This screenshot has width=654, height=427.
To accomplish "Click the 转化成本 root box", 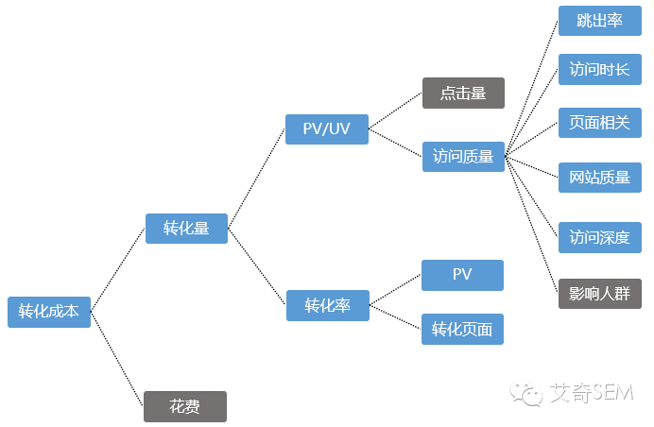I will coord(49,312).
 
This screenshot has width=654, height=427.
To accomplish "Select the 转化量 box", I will coord(186,229).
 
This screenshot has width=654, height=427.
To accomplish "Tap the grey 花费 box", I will coord(185,406).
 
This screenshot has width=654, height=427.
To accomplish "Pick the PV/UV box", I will coord(327,129).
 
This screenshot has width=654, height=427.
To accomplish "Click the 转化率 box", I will coord(327,306).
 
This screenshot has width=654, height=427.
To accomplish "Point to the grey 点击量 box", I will coord(463,93).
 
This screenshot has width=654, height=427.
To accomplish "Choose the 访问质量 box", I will coord(463,157).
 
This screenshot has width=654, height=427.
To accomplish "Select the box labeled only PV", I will coord(462,275).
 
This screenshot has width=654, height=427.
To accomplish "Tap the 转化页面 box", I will coord(462,329).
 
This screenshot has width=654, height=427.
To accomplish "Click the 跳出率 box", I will coord(600,21).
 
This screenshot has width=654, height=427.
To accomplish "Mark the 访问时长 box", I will coord(600,70).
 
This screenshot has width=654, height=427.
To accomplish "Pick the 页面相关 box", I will coord(600,123).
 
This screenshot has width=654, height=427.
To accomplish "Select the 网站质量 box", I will coord(600,177).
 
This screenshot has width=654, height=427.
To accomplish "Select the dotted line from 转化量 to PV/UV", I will coord(257,179).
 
